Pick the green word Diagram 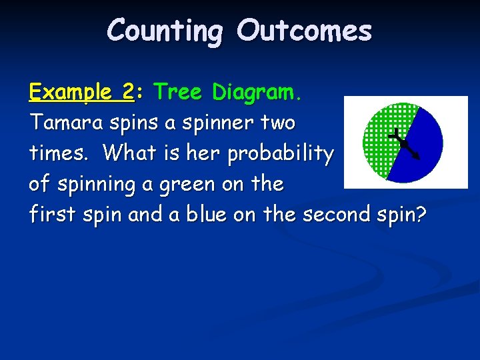point(257,93)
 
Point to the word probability point(280,154)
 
